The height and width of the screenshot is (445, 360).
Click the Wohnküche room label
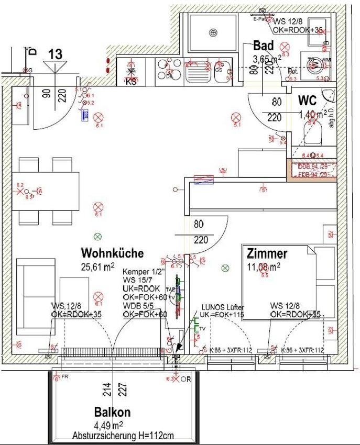click(x=112, y=253)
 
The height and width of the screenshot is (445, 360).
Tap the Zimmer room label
click(x=267, y=254)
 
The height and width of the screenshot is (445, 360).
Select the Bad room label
click(x=264, y=46)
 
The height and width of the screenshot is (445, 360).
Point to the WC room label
click(x=308, y=100)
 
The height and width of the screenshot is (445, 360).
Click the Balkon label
click(x=112, y=412)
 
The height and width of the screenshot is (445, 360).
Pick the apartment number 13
click(x=55, y=53)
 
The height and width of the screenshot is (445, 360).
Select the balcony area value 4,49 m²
click(x=109, y=425)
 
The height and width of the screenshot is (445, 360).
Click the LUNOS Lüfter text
click(x=223, y=307)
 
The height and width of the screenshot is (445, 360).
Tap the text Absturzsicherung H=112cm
click(x=123, y=436)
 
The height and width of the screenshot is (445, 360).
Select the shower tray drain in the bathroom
click(x=212, y=32)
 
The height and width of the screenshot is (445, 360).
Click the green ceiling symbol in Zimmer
click(x=225, y=268)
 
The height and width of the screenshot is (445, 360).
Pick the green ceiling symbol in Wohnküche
click(x=96, y=237)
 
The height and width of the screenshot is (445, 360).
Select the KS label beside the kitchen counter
click(x=130, y=81)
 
